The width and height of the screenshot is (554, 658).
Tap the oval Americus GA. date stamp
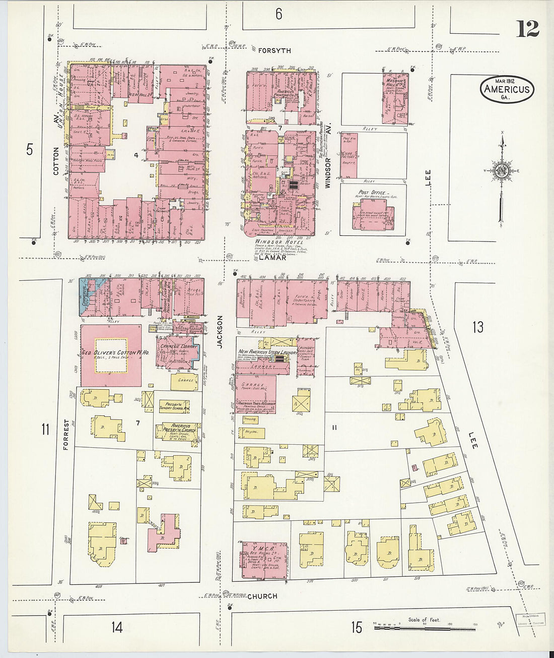pyautogui.click(x=507, y=90)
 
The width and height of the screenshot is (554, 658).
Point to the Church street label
pyautogui.click(x=262, y=596)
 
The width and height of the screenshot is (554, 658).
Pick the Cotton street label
pyautogui.click(x=56, y=161)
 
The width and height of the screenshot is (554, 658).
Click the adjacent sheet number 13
pyautogui.click(x=477, y=327)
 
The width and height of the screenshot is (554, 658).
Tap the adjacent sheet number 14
pyautogui.click(x=117, y=627)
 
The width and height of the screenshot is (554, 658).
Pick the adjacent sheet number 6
pyautogui.click(x=279, y=14)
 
